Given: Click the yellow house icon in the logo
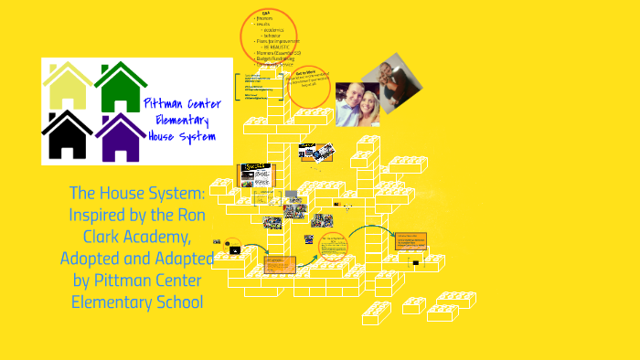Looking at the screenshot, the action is [68, 88].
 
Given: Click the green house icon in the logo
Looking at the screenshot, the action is [121, 88].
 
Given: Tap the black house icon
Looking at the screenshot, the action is [68, 135].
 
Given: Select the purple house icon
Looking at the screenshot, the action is [121, 137].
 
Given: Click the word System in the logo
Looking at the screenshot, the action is [198, 136].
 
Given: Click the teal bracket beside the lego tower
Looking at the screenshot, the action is [236, 88].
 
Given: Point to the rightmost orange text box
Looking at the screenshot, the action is [410, 241].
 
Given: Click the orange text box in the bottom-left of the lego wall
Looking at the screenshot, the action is [277, 264].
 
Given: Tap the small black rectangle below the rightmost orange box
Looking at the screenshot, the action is [415, 263].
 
